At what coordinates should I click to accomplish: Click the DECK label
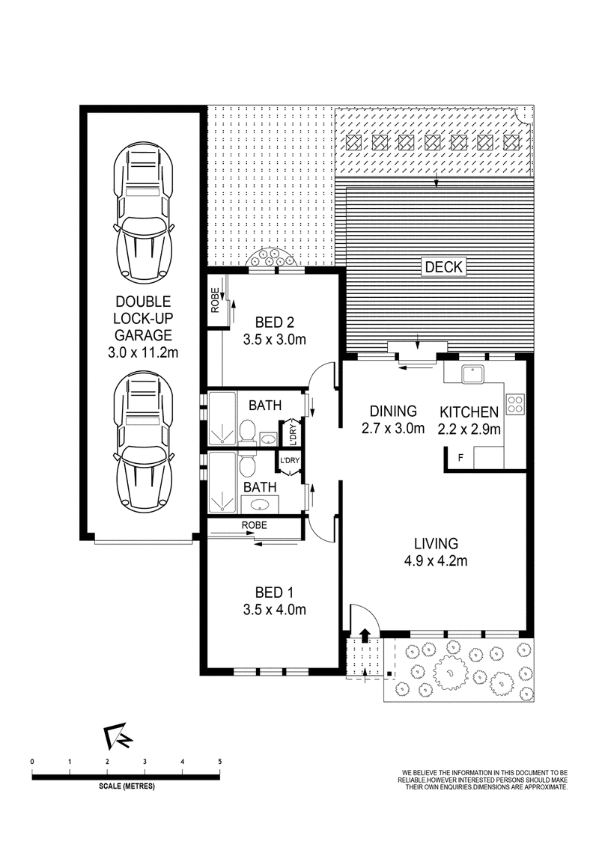(x=444, y=266)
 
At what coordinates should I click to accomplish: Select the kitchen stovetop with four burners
(x=515, y=403)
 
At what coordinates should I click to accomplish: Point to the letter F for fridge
(x=460, y=458)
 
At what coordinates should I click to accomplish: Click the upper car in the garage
(x=143, y=212)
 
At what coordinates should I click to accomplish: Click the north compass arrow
(x=117, y=737)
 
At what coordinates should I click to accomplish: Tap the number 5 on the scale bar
(x=220, y=762)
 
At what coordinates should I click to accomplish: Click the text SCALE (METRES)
(x=127, y=786)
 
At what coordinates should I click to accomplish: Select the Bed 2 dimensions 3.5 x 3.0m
(x=275, y=339)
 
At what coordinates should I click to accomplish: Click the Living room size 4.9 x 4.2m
(x=436, y=560)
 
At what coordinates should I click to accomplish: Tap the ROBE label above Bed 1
(x=254, y=525)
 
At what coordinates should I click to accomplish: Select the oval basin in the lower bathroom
(x=261, y=505)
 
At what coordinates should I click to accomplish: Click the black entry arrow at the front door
(x=365, y=635)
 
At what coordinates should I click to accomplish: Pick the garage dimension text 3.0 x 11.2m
(x=143, y=352)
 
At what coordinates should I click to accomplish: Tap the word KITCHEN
(x=469, y=412)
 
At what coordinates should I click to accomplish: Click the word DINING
(x=393, y=411)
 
